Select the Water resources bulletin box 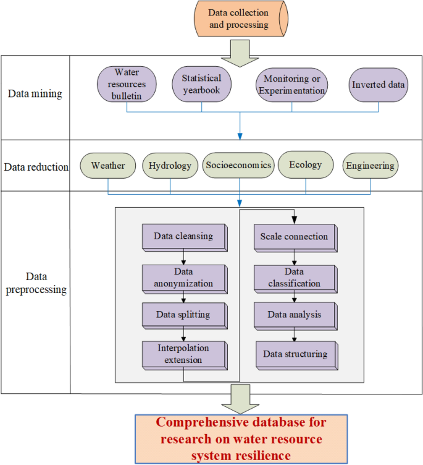[127, 83]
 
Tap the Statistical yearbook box [201, 83]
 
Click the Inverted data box [379, 85]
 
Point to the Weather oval [108, 166]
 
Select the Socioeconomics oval [238, 165]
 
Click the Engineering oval [370, 166]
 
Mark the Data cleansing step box [183, 236]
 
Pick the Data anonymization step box [183, 277]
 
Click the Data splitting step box [183, 314]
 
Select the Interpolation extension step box [183, 354]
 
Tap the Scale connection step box [294, 236]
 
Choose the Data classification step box [294, 278]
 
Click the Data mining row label [35, 93]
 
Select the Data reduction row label [36, 166]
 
